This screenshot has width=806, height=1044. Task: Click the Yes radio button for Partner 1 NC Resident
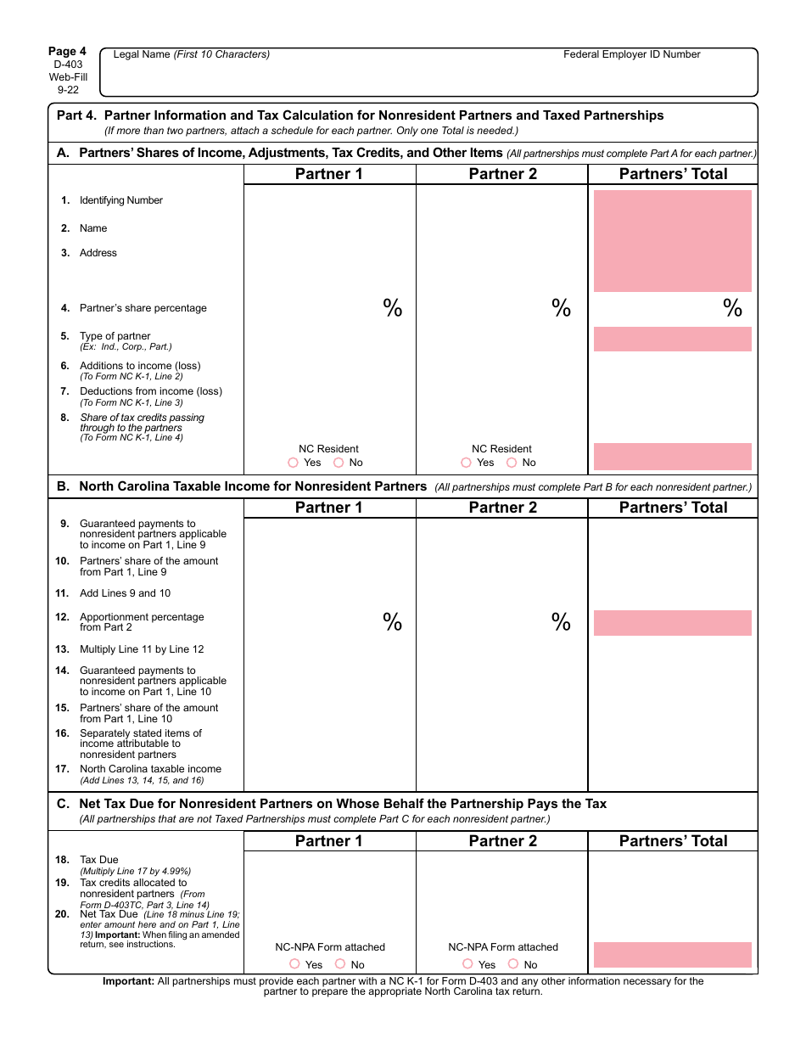click(x=294, y=463)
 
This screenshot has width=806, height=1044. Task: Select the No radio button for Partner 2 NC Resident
click(x=512, y=463)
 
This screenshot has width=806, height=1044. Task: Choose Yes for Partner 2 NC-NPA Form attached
click(x=468, y=963)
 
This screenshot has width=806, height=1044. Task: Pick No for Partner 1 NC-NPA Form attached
click(x=340, y=963)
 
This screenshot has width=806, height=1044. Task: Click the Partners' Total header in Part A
click(x=673, y=174)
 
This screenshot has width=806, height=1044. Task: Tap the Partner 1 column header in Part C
click(x=328, y=841)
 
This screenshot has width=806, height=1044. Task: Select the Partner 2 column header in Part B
click(x=502, y=508)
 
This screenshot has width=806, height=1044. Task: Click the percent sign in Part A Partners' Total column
click(x=732, y=308)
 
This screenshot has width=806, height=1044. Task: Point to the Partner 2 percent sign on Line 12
click(x=561, y=622)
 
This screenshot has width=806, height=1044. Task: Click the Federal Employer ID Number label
click(x=632, y=54)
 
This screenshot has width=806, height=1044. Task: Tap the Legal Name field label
click(x=192, y=54)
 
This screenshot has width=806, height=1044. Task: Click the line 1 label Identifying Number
click(x=120, y=200)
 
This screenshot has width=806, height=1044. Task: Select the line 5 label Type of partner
click(x=115, y=336)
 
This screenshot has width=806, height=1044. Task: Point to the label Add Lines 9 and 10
click(x=125, y=593)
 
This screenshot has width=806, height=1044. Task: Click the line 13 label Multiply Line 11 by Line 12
click(x=142, y=649)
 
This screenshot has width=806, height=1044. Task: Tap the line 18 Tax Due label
click(x=99, y=860)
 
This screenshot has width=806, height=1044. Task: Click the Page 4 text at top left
click(x=67, y=51)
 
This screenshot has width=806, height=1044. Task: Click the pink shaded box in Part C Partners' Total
click(x=673, y=954)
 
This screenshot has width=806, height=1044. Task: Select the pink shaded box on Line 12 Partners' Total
click(x=673, y=623)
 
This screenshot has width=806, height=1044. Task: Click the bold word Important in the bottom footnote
click(x=128, y=981)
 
